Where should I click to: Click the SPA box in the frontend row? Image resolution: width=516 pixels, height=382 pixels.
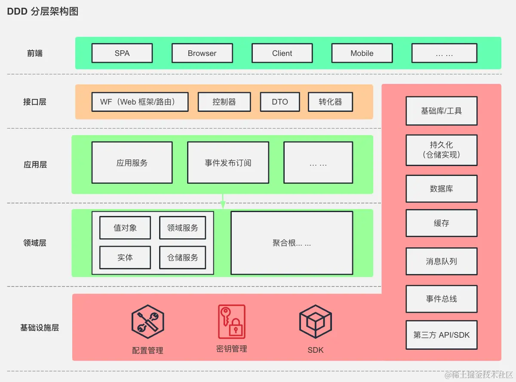pos(122,53)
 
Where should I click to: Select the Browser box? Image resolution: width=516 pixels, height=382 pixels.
pos(202,53)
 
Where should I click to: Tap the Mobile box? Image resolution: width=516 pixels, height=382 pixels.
pos(362,53)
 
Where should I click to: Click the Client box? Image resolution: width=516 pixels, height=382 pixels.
pos(282,53)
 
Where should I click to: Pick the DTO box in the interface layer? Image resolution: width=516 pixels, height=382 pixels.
pos(280,102)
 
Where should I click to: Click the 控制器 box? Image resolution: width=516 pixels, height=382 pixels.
pos(224,102)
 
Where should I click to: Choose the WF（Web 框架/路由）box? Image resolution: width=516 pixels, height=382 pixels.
pos(140,102)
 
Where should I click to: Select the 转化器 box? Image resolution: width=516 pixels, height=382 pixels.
pos(330,102)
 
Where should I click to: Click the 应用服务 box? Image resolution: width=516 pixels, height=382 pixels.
pos(132,163)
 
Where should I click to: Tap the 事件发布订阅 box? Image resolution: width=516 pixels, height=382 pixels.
pos(228,163)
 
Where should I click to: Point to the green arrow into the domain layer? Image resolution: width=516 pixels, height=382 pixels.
pos(223,202)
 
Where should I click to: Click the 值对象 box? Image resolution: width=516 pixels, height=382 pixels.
pos(125,228)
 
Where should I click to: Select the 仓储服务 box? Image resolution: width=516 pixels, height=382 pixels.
pos(183,258)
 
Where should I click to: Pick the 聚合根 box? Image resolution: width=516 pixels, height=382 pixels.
pos(292,243)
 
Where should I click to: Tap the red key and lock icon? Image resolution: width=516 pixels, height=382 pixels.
pos(232,321)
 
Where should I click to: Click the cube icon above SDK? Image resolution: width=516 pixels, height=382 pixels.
pos(315,321)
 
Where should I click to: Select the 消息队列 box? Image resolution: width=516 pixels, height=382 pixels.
pos(441,261)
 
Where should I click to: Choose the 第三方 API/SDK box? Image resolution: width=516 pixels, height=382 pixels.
pos(441,335)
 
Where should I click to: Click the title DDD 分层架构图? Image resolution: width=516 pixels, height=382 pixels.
pos(43,12)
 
